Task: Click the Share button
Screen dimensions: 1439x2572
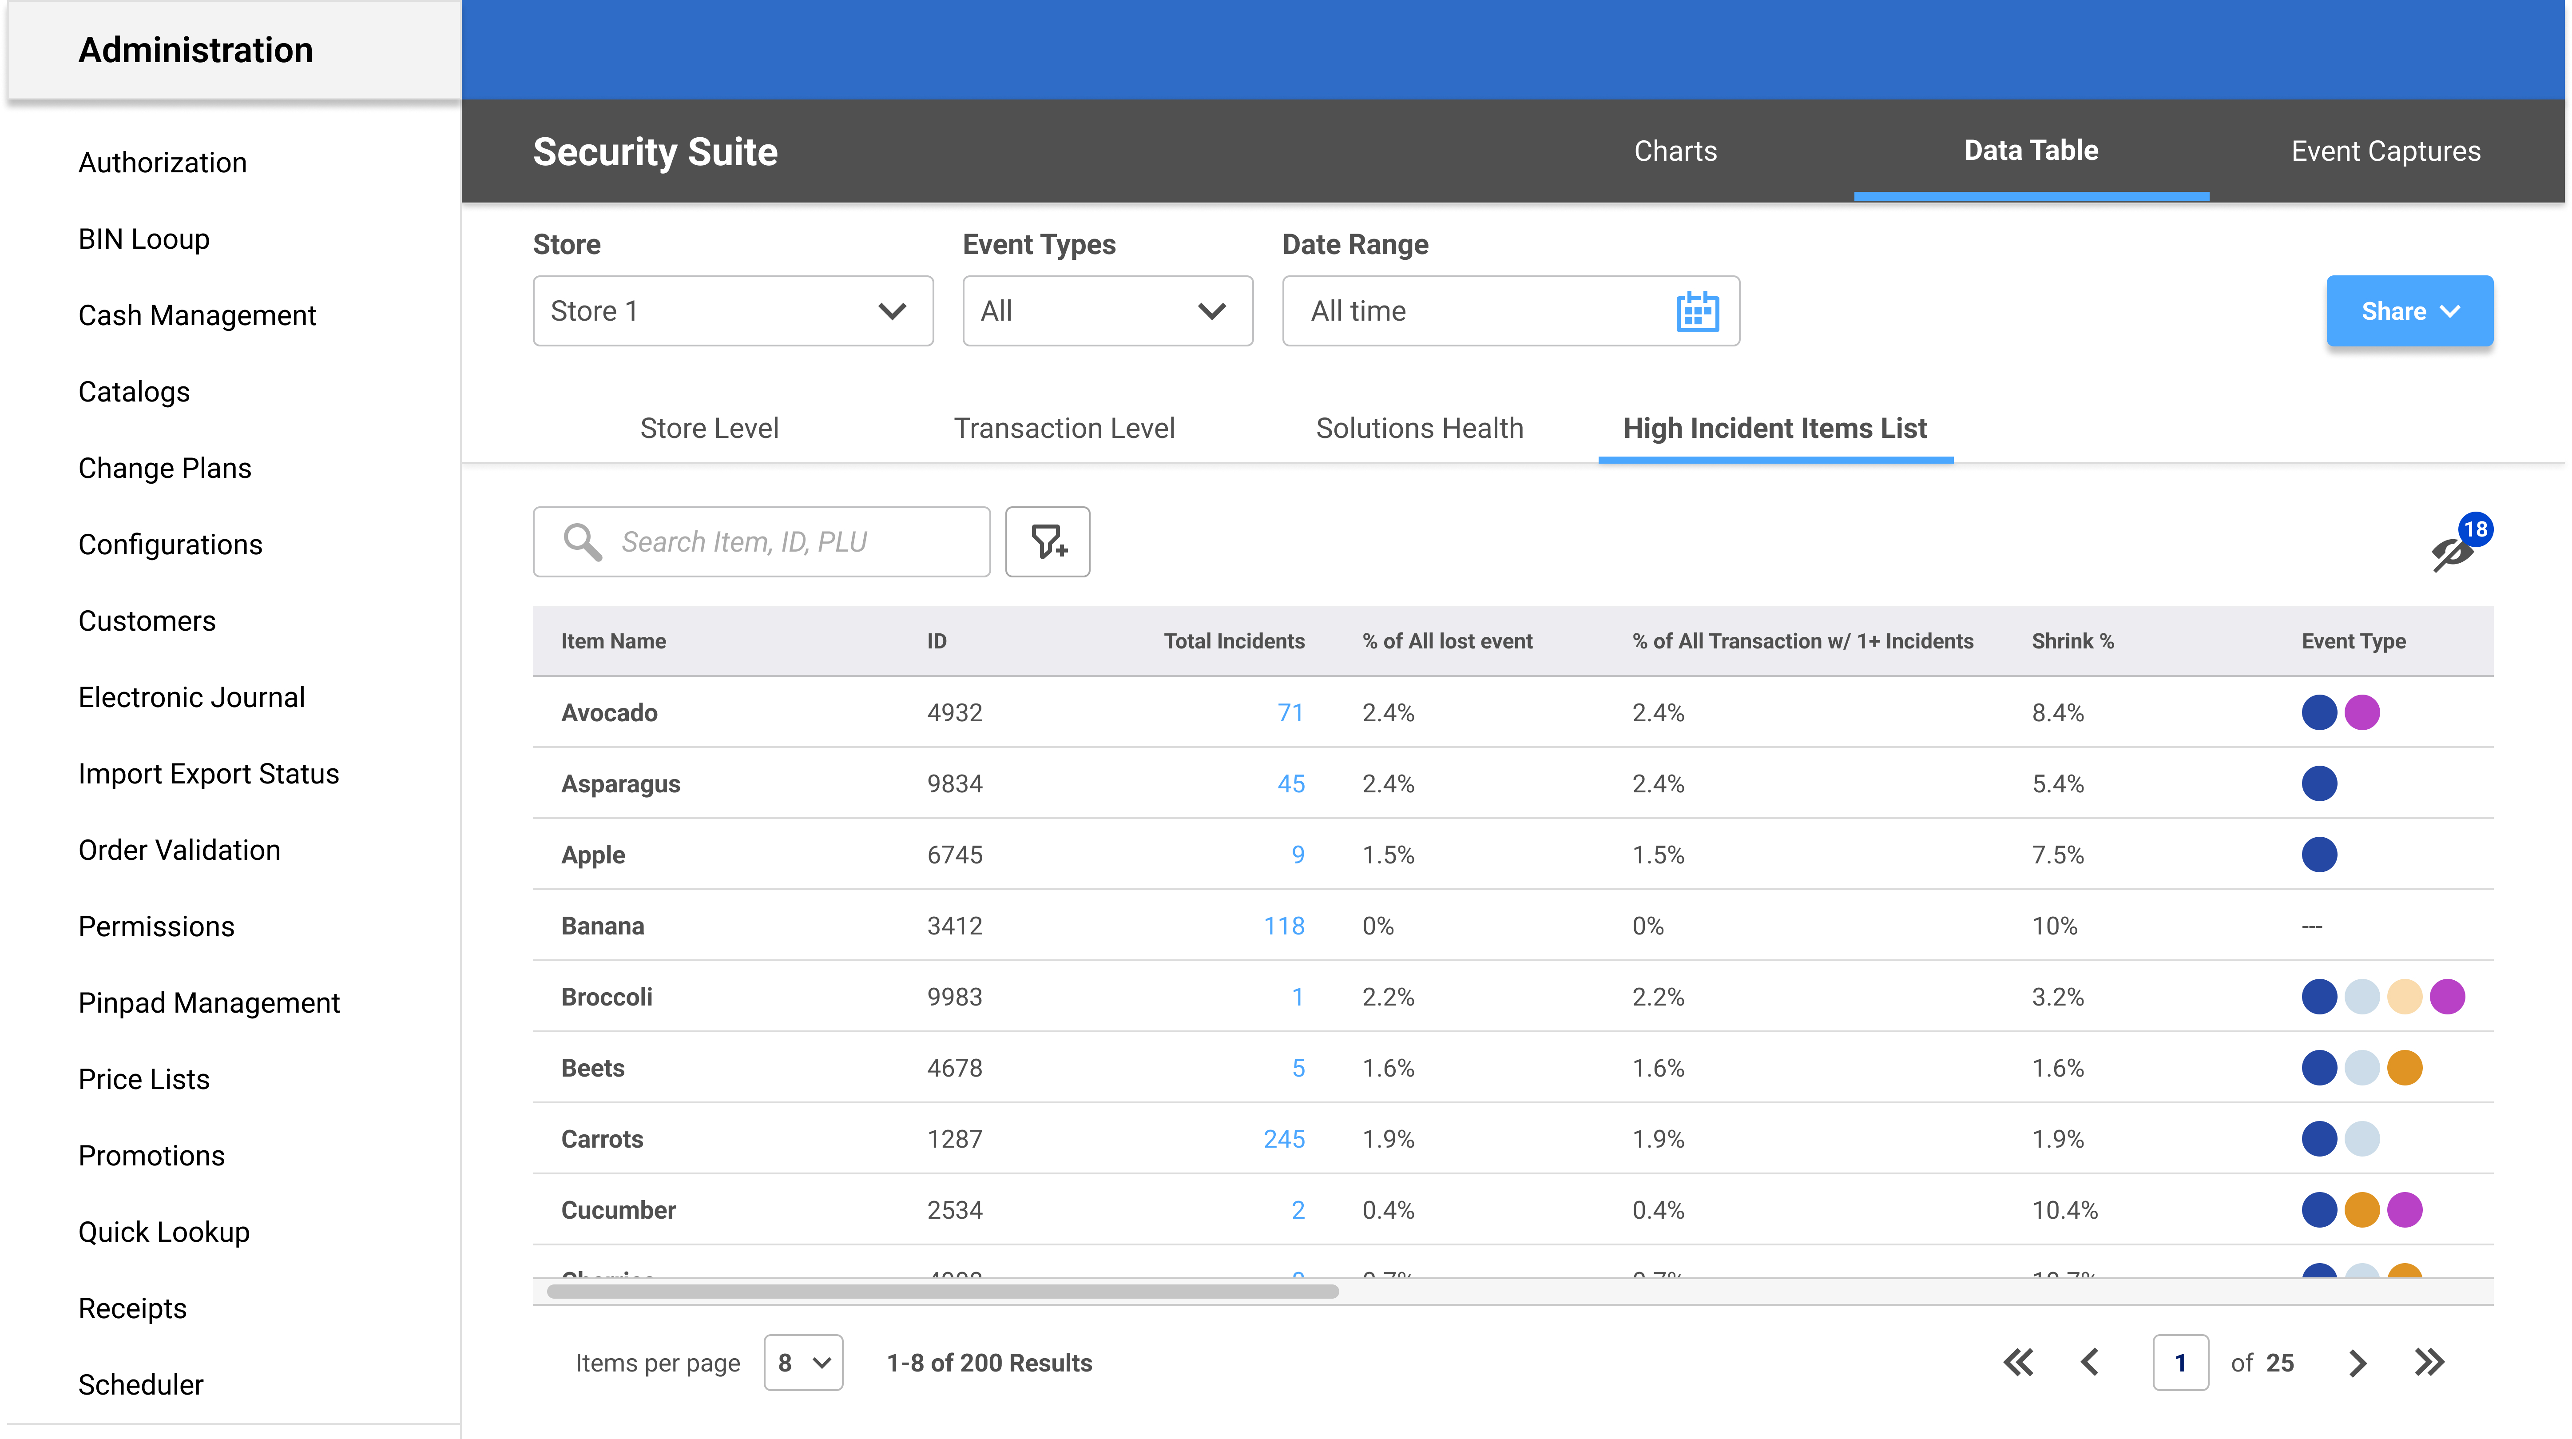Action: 2408,312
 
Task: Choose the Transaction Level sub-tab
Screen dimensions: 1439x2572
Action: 1064,429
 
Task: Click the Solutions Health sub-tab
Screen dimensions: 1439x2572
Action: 1419,429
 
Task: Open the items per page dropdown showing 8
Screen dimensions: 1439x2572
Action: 803,1363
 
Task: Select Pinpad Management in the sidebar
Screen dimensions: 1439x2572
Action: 209,1002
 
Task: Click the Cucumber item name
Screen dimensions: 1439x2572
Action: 618,1210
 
